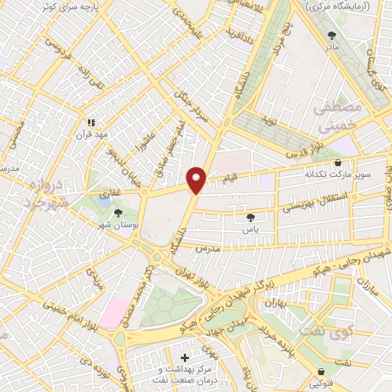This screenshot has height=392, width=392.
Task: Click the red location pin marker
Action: point(197,179)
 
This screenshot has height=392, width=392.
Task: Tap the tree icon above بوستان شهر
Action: point(118,214)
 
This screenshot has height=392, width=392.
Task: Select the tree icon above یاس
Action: point(250,217)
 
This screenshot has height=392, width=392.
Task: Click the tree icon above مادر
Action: point(332,35)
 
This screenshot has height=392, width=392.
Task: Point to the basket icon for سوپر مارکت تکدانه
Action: point(338,163)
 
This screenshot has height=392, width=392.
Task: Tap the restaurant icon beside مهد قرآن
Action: point(91,122)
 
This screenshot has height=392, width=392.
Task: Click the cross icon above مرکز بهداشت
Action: point(185,358)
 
